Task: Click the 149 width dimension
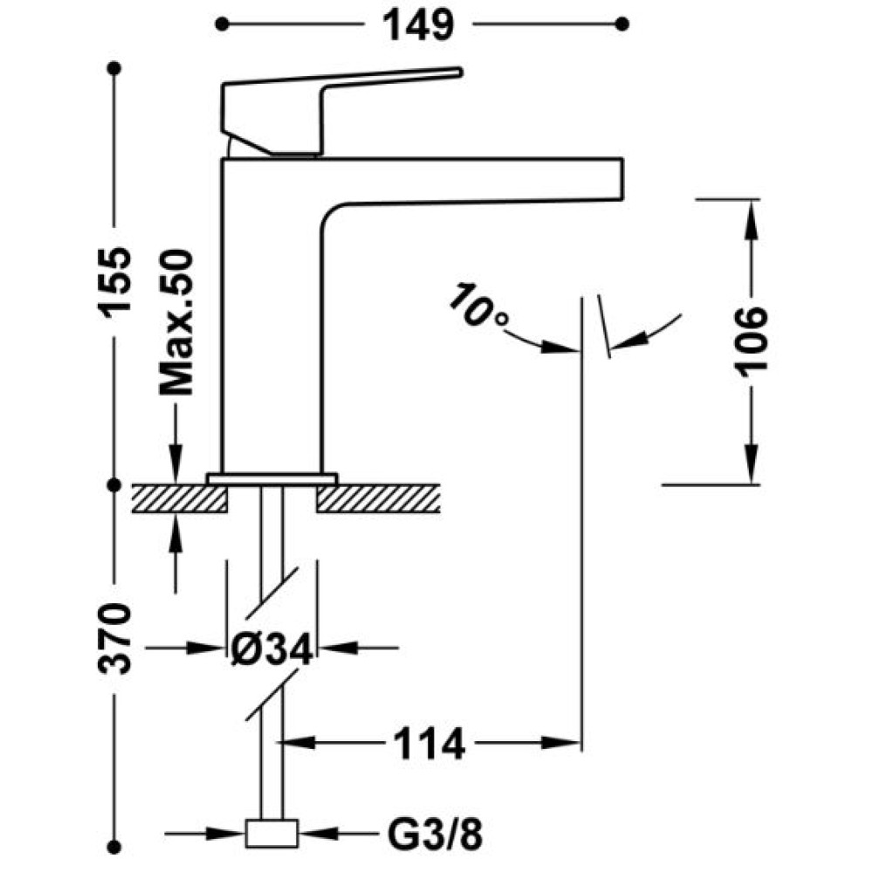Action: pos(419,25)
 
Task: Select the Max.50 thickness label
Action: pos(176,322)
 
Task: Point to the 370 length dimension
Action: pos(115,638)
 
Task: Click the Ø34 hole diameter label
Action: pos(272,650)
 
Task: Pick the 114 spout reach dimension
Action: pos(429,743)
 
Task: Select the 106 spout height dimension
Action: pos(751,341)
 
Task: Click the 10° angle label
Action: pos(478,307)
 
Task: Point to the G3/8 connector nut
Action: pos(272,834)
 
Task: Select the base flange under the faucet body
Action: pos(272,478)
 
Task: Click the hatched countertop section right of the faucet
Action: pos(379,498)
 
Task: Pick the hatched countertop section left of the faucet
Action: pos(179,498)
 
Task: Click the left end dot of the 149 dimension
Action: pos(222,24)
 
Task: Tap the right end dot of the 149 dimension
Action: pos(623,24)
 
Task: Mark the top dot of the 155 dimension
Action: pos(114,68)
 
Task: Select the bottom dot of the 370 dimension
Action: pos(114,848)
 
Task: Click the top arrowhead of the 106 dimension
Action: pos(752,216)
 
